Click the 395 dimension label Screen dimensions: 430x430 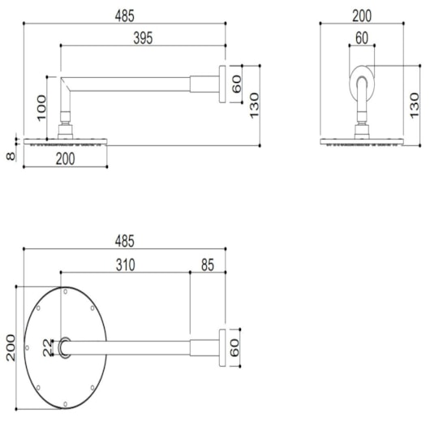(143, 38)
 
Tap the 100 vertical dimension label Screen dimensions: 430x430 (41, 108)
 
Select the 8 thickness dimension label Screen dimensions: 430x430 (11, 157)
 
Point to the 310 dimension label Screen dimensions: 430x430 (125, 265)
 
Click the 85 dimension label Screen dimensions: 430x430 (208, 265)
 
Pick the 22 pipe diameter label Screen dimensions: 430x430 (47, 348)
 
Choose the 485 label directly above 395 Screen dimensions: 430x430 (125, 16)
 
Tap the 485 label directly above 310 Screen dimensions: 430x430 (125, 241)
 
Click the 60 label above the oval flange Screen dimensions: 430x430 (362, 38)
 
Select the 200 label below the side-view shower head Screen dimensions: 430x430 (65, 159)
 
